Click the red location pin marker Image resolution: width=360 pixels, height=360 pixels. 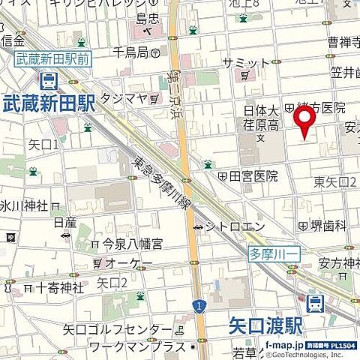pyautogui.click(x=304, y=121)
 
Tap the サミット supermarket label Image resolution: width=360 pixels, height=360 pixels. pyautogui.click(x=244, y=61)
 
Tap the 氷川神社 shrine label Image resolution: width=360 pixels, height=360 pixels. pyautogui.click(x=24, y=205)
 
